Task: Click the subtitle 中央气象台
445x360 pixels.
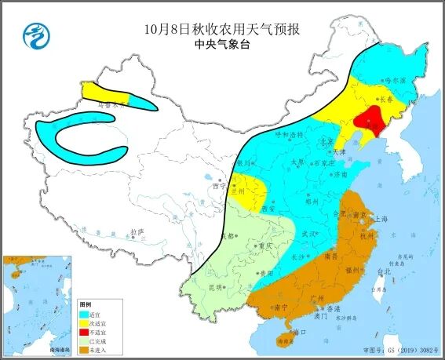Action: pyautogui.click(x=223, y=46)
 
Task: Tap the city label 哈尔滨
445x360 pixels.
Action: pyautogui.click(x=396, y=80)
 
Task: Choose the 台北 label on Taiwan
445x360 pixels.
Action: pyautogui.click(x=383, y=271)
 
